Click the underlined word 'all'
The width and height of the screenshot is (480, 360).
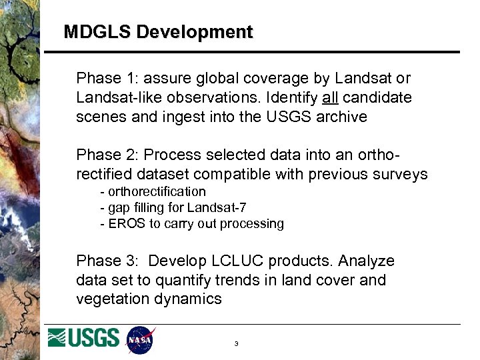coord(330,98)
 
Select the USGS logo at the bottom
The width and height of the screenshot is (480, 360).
coord(84,338)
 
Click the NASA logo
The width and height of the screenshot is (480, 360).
coord(141,339)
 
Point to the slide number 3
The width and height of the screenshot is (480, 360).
coord(236,344)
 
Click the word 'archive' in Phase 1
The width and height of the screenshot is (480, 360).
coord(343,117)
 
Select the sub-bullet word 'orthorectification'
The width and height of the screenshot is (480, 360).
coord(157,192)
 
